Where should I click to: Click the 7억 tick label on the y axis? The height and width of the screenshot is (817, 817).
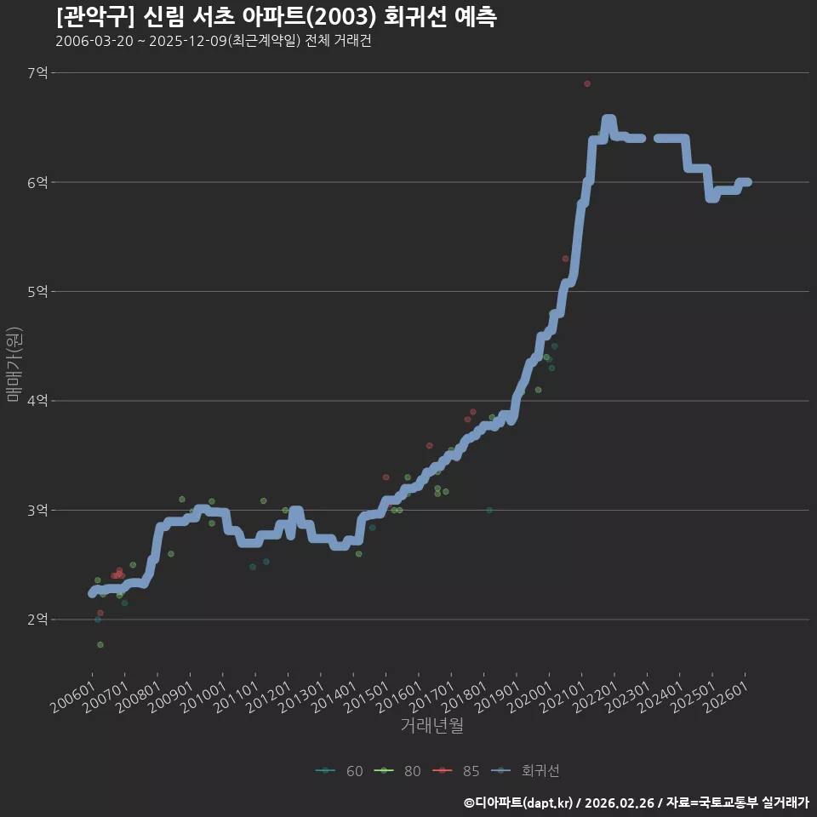coord(37,73)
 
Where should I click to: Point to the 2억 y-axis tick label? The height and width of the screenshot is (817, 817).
coord(37,620)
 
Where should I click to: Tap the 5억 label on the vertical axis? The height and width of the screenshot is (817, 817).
coord(37,292)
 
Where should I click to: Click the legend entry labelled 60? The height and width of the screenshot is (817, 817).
coord(340,771)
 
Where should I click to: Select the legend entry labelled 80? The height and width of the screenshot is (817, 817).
coord(397,771)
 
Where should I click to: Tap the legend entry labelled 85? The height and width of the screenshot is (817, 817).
coord(456,771)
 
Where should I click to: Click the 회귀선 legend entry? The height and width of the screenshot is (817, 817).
coord(525,771)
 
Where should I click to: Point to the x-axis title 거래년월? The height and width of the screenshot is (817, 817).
coord(432,725)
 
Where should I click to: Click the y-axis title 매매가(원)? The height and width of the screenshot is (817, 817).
coord(14,364)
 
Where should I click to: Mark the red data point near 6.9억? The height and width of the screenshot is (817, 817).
coord(587,84)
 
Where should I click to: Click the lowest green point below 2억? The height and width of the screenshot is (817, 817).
coord(100,644)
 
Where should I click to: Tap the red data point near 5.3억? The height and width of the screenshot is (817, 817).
coord(565,259)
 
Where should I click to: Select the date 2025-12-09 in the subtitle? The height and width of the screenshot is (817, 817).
coord(187,41)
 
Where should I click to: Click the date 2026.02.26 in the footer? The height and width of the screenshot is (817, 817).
coord(619,803)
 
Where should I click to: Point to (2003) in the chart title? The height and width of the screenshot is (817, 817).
coord(340,17)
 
